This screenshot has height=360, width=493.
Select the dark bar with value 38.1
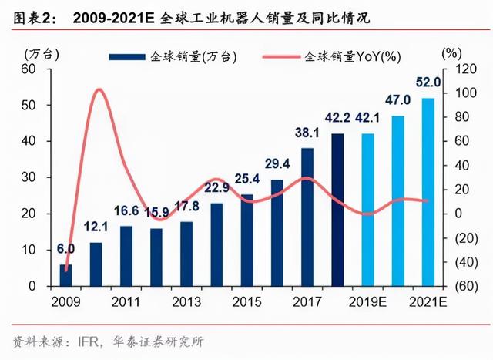(x=307, y=217)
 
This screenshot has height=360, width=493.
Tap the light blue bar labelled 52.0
(x=428, y=192)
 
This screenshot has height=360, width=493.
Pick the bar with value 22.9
(x=216, y=244)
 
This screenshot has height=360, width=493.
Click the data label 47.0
(x=397, y=100)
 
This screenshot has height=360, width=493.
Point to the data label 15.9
(x=156, y=211)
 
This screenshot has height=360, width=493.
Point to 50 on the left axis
(x=32, y=105)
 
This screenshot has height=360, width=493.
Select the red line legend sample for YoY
(x=281, y=56)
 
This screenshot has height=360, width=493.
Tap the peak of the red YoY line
(x=98, y=89)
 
